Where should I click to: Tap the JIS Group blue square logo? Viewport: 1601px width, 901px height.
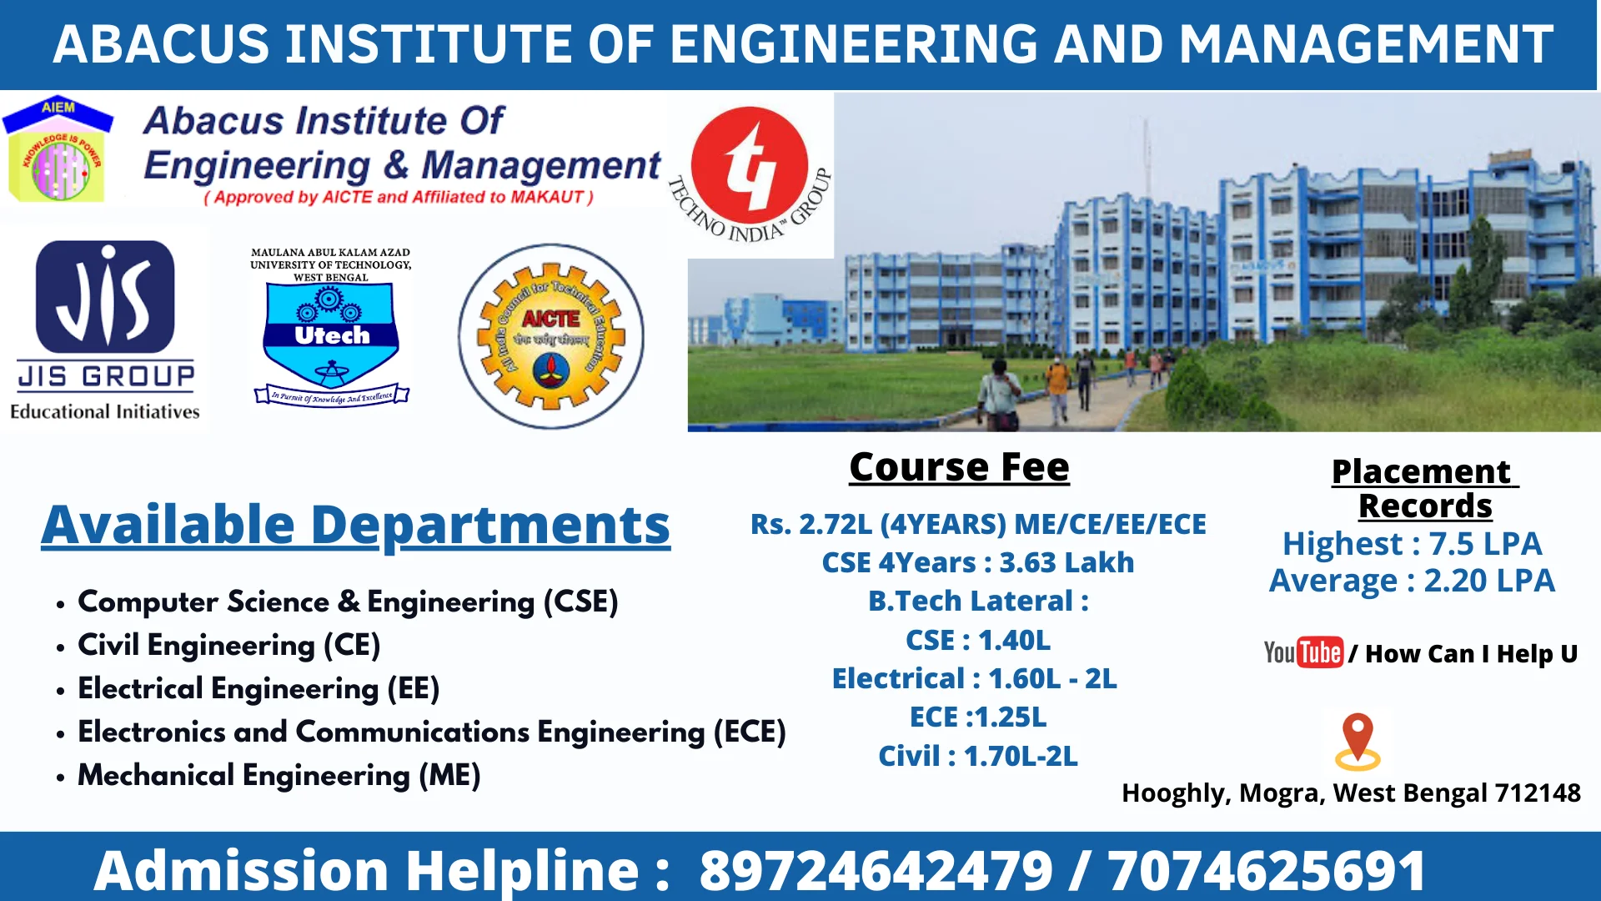click(x=106, y=296)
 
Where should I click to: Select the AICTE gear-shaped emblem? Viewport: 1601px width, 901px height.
click(x=550, y=336)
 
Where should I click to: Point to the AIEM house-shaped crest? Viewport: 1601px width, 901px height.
click(x=58, y=150)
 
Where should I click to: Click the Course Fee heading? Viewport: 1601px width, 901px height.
click(x=959, y=467)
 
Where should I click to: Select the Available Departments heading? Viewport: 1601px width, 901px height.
click(x=356, y=525)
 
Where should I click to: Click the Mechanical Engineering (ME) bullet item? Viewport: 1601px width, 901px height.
click(x=279, y=775)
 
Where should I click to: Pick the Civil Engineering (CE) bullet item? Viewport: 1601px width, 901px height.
click(x=228, y=645)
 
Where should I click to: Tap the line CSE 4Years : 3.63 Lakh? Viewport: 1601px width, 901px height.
click(x=977, y=562)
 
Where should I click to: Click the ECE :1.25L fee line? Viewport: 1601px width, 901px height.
click(x=977, y=717)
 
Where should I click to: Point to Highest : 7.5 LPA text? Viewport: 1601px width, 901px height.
click(x=1412, y=544)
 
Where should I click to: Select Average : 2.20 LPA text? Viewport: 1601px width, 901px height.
click(x=1412, y=581)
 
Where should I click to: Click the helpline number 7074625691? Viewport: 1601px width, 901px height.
click(x=1266, y=870)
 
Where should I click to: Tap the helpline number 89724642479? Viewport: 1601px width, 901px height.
click(x=876, y=870)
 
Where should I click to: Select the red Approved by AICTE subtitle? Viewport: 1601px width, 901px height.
click(x=399, y=198)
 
